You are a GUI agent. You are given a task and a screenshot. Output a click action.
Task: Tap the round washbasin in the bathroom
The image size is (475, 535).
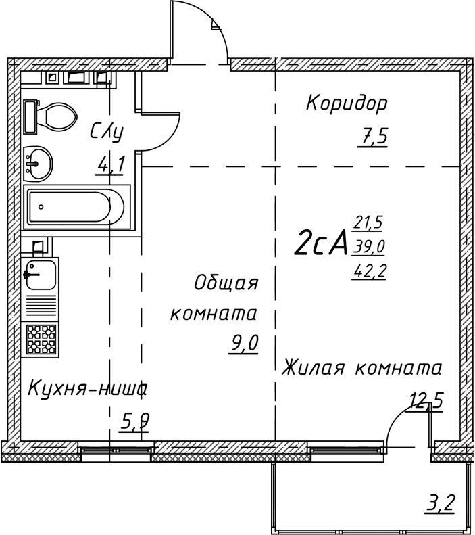[37, 163]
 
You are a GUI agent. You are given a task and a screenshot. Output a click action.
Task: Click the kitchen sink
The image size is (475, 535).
[40, 275]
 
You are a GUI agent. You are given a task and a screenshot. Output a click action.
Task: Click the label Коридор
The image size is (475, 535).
[347, 103]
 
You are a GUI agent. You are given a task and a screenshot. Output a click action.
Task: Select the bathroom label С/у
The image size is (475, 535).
[107, 131]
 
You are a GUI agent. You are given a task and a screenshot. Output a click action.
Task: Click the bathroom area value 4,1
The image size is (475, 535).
[109, 164]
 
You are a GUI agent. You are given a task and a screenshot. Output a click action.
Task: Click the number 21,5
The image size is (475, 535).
[368, 221]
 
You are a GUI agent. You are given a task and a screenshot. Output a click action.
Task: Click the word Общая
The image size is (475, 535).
[226, 283]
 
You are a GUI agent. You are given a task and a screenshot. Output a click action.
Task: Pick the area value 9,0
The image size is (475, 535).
[244, 344]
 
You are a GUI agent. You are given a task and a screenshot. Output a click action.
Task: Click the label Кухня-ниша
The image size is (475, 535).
[88, 389]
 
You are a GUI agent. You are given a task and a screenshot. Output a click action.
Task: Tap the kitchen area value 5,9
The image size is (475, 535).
[134, 423]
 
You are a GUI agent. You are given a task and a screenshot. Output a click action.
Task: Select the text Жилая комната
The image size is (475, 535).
[362, 369]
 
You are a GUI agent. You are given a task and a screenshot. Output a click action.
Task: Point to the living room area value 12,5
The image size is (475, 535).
[425, 402]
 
